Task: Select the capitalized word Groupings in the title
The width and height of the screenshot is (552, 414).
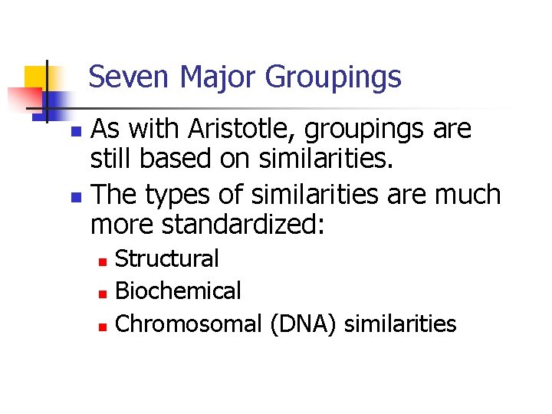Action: [333, 77]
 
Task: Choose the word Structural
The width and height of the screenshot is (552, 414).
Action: [166, 259]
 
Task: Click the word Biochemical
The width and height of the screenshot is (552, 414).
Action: [178, 291]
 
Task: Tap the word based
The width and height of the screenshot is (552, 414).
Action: [169, 160]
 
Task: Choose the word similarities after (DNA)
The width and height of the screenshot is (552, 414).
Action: [400, 324]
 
